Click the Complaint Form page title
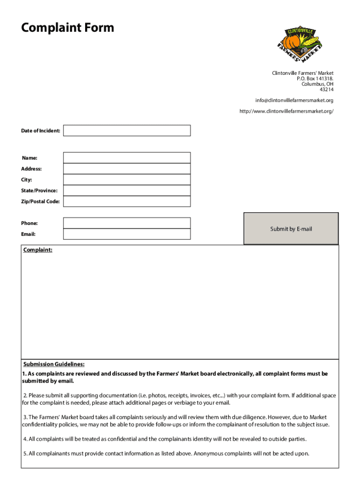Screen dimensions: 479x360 (67, 28)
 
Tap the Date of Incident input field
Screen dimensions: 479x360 (127, 131)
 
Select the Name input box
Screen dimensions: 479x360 (127, 158)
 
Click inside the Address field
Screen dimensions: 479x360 (127, 168)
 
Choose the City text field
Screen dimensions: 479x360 (127, 180)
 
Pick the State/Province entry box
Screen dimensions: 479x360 (127, 190)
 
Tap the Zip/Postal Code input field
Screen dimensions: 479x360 (127, 201)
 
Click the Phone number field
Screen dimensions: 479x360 (127, 223)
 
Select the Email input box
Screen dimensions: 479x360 (127, 234)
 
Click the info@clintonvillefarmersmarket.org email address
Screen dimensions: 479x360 (294, 101)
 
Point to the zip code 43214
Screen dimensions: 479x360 (326, 89)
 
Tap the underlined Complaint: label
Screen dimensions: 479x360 (38, 250)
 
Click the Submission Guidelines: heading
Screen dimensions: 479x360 (54, 364)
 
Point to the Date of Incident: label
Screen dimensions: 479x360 (40, 131)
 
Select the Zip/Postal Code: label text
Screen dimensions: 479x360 (40, 202)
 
